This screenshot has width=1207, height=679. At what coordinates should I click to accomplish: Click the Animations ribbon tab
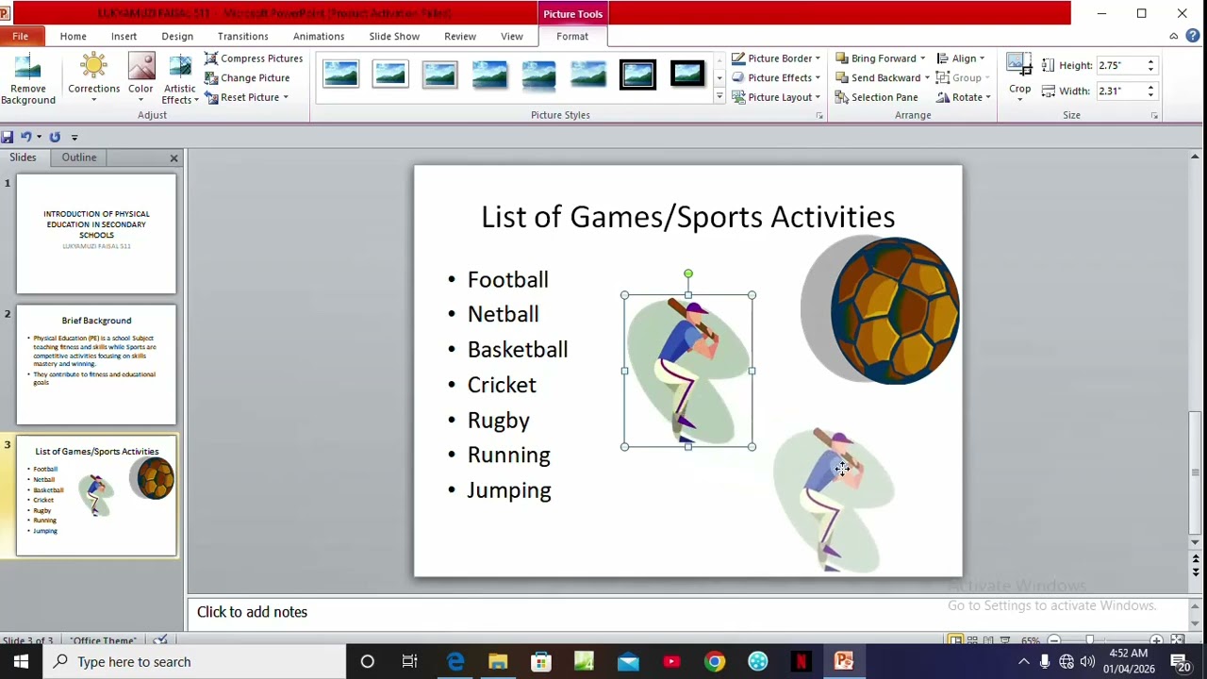(x=318, y=36)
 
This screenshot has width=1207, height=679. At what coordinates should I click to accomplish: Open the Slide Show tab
(x=394, y=36)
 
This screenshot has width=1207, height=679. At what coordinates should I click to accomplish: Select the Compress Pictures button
(x=254, y=58)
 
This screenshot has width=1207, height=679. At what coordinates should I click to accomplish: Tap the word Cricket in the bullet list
(x=502, y=385)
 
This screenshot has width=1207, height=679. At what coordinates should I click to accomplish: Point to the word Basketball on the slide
(x=518, y=350)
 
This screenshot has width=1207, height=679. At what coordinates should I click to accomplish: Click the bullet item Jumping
(x=509, y=490)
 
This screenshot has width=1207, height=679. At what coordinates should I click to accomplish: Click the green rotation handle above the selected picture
(x=688, y=273)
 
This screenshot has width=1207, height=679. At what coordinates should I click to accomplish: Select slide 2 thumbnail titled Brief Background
(x=96, y=365)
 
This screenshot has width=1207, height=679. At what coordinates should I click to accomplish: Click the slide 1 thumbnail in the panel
(x=96, y=234)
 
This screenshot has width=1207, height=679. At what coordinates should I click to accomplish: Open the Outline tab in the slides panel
(x=79, y=157)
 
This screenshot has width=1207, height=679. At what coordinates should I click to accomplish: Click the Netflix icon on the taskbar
(x=801, y=662)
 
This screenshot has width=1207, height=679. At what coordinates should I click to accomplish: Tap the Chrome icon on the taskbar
(x=715, y=662)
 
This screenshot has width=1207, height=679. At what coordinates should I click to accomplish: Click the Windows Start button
(x=21, y=662)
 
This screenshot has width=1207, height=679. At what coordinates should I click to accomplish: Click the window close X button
(x=1182, y=13)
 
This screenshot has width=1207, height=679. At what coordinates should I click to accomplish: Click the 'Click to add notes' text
(x=252, y=612)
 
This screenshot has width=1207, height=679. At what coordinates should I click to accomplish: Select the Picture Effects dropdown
(x=778, y=77)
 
